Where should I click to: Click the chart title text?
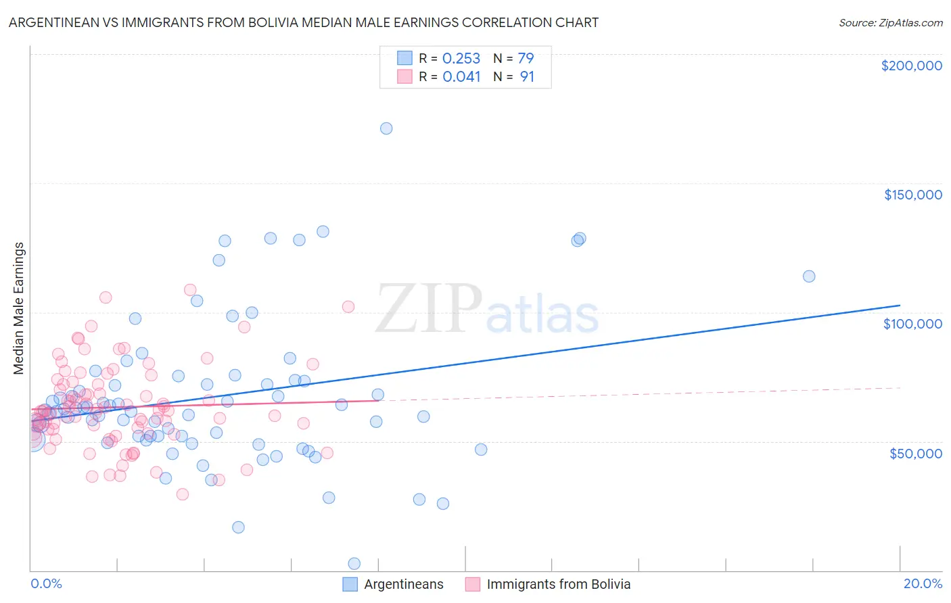[x=304, y=22]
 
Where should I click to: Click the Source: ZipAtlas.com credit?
[x=890, y=23]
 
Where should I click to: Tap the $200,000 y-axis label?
[x=911, y=66]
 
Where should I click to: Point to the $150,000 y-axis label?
[x=912, y=195]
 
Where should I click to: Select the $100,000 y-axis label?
[x=912, y=324]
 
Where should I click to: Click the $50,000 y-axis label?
[x=915, y=453]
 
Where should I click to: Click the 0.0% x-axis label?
[x=46, y=583]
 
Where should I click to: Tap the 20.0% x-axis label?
[x=923, y=583]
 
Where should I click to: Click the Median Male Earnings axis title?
[x=19, y=308]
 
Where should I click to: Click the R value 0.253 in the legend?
[x=461, y=59]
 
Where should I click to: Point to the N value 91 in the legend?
[x=527, y=77]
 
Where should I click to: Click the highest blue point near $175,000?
[x=386, y=128]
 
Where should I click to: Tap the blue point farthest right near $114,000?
[x=809, y=276]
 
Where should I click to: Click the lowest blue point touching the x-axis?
[x=354, y=563]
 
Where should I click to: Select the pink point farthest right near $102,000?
[x=348, y=307]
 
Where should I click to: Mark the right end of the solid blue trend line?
[x=900, y=306]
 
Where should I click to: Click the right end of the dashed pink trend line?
[x=900, y=387]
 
